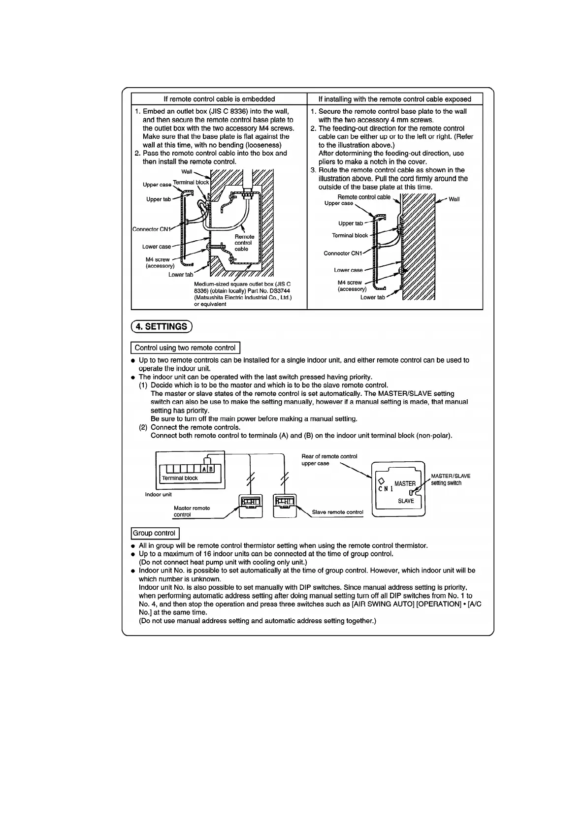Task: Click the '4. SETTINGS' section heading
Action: [162, 326]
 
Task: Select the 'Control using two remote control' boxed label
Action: [185, 348]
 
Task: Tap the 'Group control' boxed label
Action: [155, 533]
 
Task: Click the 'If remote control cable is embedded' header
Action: [219, 99]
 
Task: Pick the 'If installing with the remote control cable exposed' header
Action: [394, 99]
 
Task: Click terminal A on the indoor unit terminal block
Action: [204, 469]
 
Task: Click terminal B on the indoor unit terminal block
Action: [211, 469]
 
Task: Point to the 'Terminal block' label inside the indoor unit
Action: [180, 478]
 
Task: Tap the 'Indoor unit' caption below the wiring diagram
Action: [159, 494]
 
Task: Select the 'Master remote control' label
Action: [192, 511]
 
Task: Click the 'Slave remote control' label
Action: [337, 512]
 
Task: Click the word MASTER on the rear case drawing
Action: [405, 483]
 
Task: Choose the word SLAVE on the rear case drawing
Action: [406, 501]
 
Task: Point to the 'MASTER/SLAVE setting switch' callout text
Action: [450, 479]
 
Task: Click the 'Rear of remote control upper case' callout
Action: [329, 460]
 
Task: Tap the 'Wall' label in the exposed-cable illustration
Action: [454, 199]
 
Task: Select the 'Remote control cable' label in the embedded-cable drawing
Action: [244, 243]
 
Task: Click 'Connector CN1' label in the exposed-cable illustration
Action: [343, 253]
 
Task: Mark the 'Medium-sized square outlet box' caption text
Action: [242, 294]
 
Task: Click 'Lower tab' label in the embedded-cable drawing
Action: [180, 275]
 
